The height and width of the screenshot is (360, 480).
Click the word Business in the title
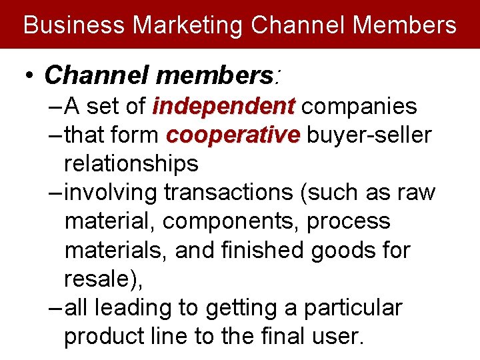click(74, 25)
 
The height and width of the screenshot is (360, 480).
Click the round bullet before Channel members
click(29, 76)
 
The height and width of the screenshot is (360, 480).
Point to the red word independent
click(224, 106)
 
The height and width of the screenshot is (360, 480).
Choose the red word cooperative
click(233, 135)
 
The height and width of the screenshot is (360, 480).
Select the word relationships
click(131, 163)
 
